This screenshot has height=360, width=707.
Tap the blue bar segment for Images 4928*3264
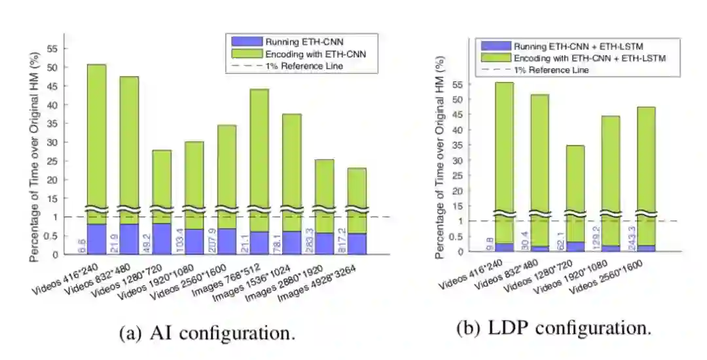pos(357,243)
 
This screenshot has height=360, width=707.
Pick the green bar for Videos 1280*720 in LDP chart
pos(575,177)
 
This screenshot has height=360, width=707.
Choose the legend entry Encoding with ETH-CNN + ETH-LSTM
pos(589,58)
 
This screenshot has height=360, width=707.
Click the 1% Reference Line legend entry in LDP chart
pos(551,70)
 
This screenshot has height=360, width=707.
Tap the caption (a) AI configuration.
pos(208,333)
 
